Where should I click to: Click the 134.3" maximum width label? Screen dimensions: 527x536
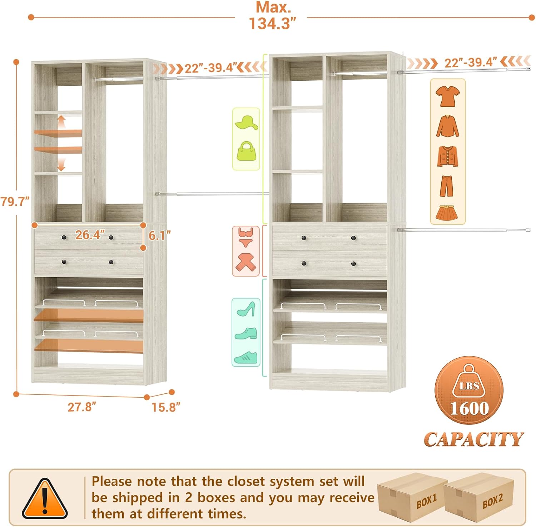tap(273, 23)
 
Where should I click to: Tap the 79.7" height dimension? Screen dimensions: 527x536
tap(15, 202)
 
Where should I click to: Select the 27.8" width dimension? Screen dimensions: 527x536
tap(82, 407)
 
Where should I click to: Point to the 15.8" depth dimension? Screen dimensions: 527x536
tap(166, 407)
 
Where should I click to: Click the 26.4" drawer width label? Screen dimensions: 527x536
tap(90, 235)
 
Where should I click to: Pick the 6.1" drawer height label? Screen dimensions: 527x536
tap(159, 235)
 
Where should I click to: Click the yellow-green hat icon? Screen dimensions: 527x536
tap(246, 123)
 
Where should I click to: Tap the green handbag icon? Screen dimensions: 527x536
tap(246, 151)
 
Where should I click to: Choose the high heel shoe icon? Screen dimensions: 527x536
tap(246, 309)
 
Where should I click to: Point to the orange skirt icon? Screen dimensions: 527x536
tap(447, 212)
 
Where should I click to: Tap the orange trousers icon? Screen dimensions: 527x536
tap(447, 185)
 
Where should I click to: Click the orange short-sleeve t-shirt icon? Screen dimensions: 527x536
tap(447, 96)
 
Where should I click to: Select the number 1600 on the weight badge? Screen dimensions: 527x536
tap(469, 408)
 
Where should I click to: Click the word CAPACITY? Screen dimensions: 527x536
tap(473, 439)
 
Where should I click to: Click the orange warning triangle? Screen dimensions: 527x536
tap(45, 499)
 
